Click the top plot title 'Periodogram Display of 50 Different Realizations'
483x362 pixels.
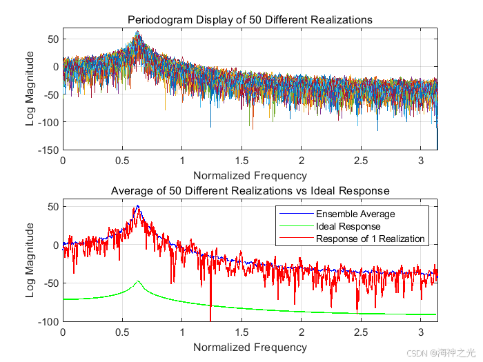(x=250, y=20)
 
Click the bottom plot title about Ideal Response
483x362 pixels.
(x=250, y=190)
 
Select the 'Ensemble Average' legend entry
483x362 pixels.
(x=355, y=214)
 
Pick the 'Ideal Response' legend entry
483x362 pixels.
(x=348, y=226)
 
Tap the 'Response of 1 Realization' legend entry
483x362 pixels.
(x=371, y=239)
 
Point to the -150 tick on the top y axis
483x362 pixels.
(x=48, y=150)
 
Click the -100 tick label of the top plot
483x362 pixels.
(x=48, y=122)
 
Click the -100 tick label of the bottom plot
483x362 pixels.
(x=48, y=321)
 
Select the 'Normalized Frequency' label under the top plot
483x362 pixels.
(x=250, y=175)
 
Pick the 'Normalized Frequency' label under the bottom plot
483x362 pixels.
(x=250, y=347)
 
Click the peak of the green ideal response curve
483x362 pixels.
(x=138, y=281)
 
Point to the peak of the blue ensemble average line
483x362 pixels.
(x=138, y=206)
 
